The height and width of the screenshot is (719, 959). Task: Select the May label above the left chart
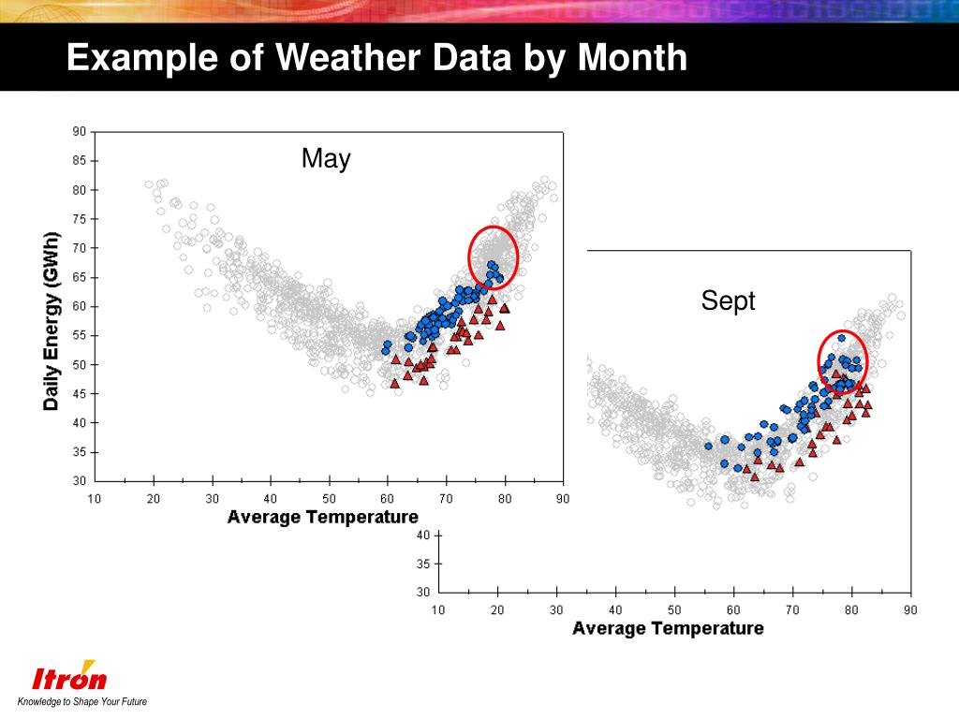pyautogui.click(x=326, y=159)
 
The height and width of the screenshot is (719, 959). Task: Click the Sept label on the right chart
pyautogui.click(x=728, y=301)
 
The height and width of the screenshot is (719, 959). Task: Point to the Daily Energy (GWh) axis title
pyautogui.click(x=52, y=321)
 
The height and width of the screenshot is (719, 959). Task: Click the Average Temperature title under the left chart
pyautogui.click(x=322, y=517)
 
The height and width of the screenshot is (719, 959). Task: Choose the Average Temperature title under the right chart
pyautogui.click(x=668, y=628)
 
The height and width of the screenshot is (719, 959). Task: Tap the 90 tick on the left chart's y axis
pyautogui.click(x=80, y=132)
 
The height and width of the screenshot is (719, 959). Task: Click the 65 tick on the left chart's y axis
pyautogui.click(x=80, y=277)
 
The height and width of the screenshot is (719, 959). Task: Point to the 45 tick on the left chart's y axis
pyautogui.click(x=80, y=394)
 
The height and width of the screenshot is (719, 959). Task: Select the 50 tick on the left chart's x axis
pyautogui.click(x=329, y=499)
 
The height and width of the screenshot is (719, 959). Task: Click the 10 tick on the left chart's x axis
pyautogui.click(x=95, y=499)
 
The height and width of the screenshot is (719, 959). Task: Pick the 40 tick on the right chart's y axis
pyautogui.click(x=423, y=536)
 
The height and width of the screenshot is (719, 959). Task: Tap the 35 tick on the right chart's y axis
pyautogui.click(x=423, y=564)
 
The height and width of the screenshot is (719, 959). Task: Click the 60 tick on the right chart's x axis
pyautogui.click(x=733, y=610)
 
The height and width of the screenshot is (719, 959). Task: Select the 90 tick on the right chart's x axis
pyautogui.click(x=909, y=610)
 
